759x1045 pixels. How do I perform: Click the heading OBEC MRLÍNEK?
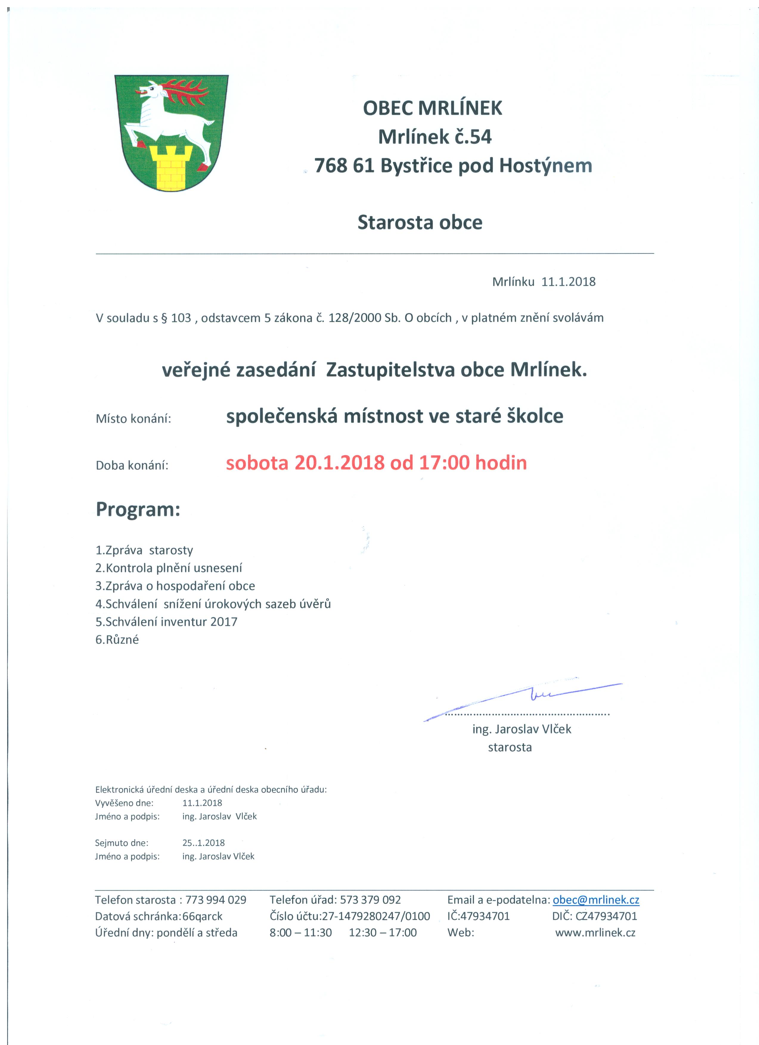[432, 108]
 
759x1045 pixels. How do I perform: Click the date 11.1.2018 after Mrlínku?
[568, 282]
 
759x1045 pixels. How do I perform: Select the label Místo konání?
[133, 419]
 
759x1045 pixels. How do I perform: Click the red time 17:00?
[444, 462]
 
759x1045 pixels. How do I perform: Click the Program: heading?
[138, 510]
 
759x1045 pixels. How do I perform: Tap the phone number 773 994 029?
[216, 900]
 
